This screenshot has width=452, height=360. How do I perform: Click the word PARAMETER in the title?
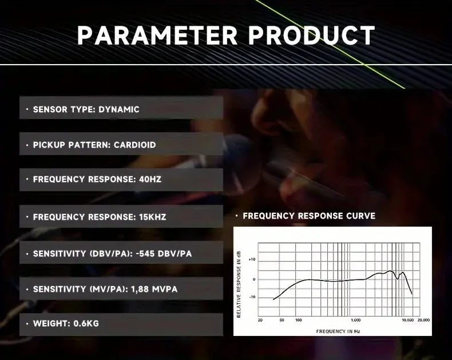pyautogui.click(x=157, y=35)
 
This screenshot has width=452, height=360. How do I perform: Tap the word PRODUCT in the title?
pyautogui.click(x=312, y=35)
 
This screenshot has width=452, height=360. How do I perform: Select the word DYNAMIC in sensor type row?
pyautogui.click(x=119, y=110)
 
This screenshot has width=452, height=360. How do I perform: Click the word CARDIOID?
pyautogui.click(x=135, y=145)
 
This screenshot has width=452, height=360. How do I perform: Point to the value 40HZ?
pyautogui.click(x=150, y=179)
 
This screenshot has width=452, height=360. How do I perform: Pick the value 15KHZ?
pyautogui.click(x=153, y=217)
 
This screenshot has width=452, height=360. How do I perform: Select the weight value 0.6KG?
pyautogui.click(x=86, y=323)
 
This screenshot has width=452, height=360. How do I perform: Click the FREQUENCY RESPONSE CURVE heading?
pyautogui.click(x=309, y=216)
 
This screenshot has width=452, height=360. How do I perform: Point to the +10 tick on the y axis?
pyautogui.click(x=252, y=260)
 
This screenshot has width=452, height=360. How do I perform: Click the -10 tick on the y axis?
pyautogui.click(x=252, y=297)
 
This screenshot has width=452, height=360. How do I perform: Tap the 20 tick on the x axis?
pyautogui.click(x=260, y=320)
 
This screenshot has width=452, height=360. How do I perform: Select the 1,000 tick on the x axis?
pyautogui.click(x=356, y=320)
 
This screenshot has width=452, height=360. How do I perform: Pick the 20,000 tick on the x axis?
pyautogui.click(x=424, y=320)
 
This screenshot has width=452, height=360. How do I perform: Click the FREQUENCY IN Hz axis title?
pyautogui.click(x=338, y=331)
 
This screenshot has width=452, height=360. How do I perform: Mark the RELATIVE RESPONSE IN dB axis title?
pyautogui.click(x=239, y=284)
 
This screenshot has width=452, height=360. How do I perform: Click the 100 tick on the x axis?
pyautogui.click(x=299, y=320)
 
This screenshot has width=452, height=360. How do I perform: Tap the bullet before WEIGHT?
pyautogui.click(x=27, y=323)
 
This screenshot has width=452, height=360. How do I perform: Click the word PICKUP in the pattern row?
pyautogui.click(x=49, y=145)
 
